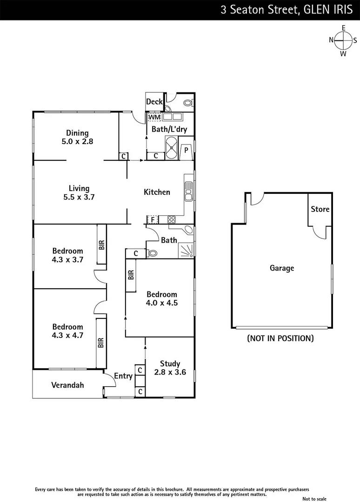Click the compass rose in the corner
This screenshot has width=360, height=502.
click(343, 40)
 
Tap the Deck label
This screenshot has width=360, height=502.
click(154, 102)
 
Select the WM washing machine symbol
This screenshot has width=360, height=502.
click(154, 117)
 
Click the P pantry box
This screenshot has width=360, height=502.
click(186, 150)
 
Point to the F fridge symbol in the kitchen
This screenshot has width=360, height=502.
click(152, 219)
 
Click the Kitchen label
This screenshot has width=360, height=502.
click(157, 192)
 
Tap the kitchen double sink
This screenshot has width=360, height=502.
click(188, 192)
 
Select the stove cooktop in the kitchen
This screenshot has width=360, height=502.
click(171, 219)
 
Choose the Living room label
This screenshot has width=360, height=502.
click(79, 188)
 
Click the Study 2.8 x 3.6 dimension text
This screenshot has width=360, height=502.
click(170, 372)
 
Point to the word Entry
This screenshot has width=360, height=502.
click(123, 376)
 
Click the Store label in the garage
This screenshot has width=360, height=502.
click(320, 209)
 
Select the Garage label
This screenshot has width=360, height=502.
click(282, 268)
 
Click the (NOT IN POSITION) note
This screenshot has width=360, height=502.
click(280, 338)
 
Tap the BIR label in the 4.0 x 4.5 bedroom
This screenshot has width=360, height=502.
click(131, 275)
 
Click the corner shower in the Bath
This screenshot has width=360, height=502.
click(186, 251)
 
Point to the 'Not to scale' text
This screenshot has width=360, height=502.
click(328, 498)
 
